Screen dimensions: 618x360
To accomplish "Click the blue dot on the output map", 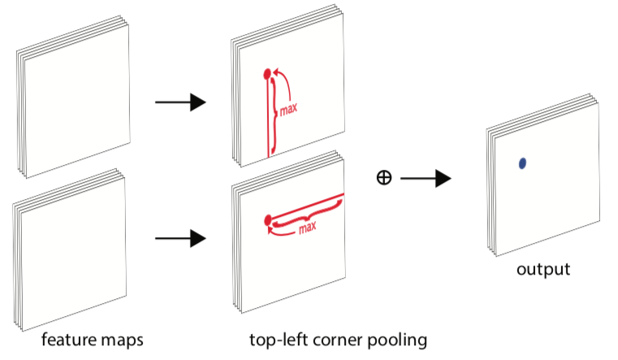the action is [x=523, y=163].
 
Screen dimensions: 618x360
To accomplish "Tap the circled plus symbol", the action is [x=384, y=177].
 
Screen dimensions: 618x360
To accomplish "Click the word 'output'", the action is [x=543, y=270].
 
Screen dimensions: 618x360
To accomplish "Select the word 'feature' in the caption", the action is [x=68, y=340].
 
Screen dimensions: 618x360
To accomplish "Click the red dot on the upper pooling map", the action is [x=267, y=74].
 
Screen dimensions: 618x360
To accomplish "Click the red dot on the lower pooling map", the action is [x=268, y=220].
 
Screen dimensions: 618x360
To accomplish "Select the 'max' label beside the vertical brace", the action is [x=288, y=109].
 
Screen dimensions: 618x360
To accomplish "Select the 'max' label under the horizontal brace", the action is [x=308, y=227].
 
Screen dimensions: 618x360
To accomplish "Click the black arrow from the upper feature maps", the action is [x=180, y=102].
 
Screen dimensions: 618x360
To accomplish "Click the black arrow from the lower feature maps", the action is [x=180, y=238].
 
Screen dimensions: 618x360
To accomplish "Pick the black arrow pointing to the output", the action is [x=426, y=178].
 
